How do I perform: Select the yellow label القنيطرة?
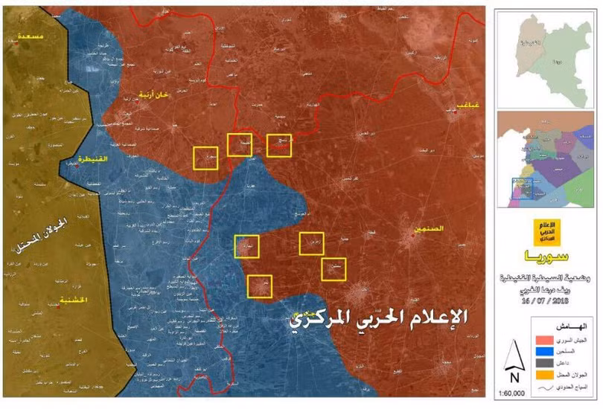(95, 158)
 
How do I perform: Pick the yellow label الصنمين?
(431, 229)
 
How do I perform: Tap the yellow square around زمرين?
(312, 244)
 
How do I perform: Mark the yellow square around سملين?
(334, 268)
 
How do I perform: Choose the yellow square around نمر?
(259, 286)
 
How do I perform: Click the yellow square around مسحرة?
(205, 158)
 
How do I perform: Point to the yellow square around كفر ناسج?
(278, 144)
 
